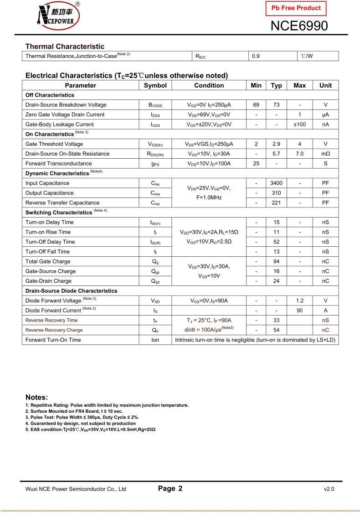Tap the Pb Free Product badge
[296, 8]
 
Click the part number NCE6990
[299, 26]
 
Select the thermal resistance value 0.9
[256, 56]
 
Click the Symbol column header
[155, 85]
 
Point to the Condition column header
[209, 85]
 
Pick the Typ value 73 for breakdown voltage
[276, 105]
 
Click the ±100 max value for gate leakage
[299, 125]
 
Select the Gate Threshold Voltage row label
[54, 144]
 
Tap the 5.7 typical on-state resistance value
[276, 154]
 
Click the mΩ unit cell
[325, 154]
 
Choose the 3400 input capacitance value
[276, 183]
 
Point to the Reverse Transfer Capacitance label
[62, 203]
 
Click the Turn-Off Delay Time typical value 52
[276, 242]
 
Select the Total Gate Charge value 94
[276, 262]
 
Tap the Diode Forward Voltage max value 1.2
[299, 301]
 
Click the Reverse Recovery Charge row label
[54, 330]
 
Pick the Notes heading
[36, 397]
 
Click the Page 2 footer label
[170, 488]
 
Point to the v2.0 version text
[329, 489]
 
